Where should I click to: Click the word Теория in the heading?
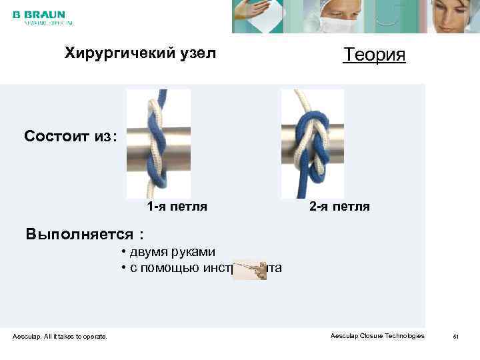(374, 55)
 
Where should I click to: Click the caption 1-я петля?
(177, 207)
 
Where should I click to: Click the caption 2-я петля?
(339, 207)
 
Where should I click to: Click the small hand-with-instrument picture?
(250, 270)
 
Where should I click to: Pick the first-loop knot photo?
(158, 144)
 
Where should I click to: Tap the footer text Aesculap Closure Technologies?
(377, 336)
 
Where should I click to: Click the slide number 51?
(456, 337)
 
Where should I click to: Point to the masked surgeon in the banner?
(333, 17)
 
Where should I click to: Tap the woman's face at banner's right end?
(453, 17)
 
